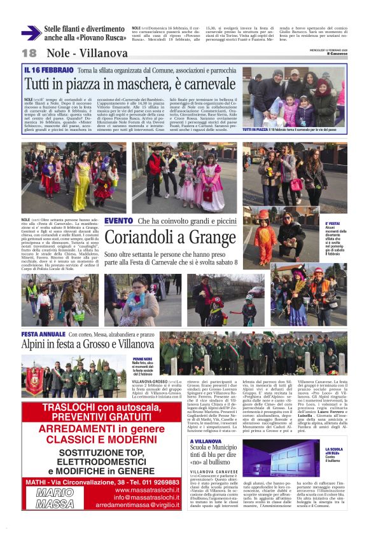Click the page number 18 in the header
(x=29, y=53)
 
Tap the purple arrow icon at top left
(x=30, y=33)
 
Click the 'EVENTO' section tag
(x=118, y=220)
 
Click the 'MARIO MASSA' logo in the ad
(x=55, y=498)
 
